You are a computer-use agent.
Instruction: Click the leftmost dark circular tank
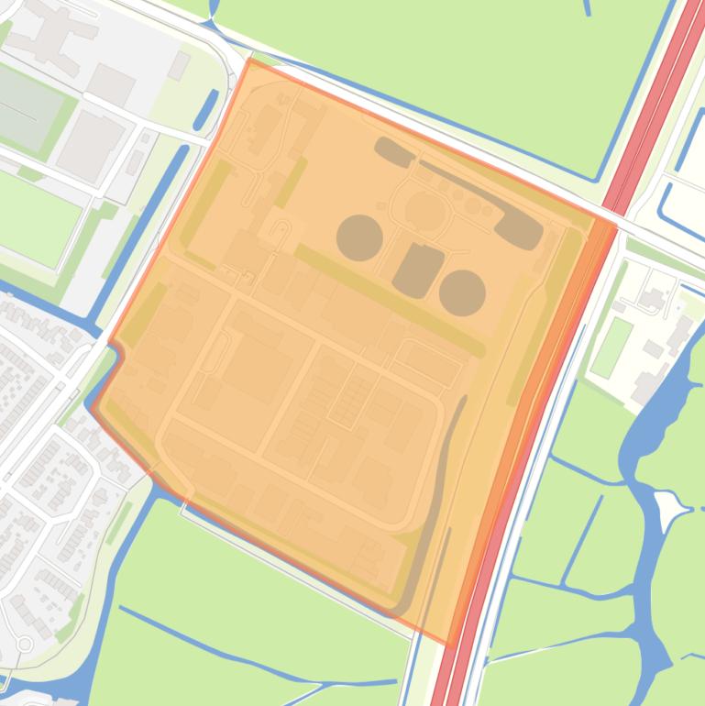pyautogui.click(x=359, y=237)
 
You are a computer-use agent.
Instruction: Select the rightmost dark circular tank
pyautogui.click(x=462, y=292)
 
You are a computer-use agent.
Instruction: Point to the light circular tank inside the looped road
pyautogui.click(x=424, y=211)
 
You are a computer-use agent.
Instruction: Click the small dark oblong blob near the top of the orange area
pyautogui.click(x=394, y=151)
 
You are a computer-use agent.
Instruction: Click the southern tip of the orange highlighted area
pyautogui.click(x=449, y=641)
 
